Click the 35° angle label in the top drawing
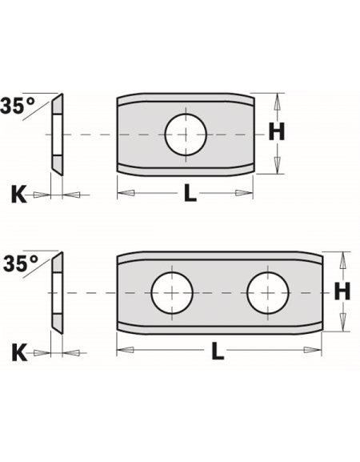19,105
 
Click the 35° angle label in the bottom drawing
19,263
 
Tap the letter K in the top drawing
19,194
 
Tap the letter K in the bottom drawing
19,351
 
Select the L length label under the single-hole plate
187,195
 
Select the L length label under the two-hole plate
218,351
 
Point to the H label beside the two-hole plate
342,292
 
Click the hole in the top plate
185,134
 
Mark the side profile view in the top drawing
57,134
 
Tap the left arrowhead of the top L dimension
122,193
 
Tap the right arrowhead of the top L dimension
250,193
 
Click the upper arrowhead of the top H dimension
277,98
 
